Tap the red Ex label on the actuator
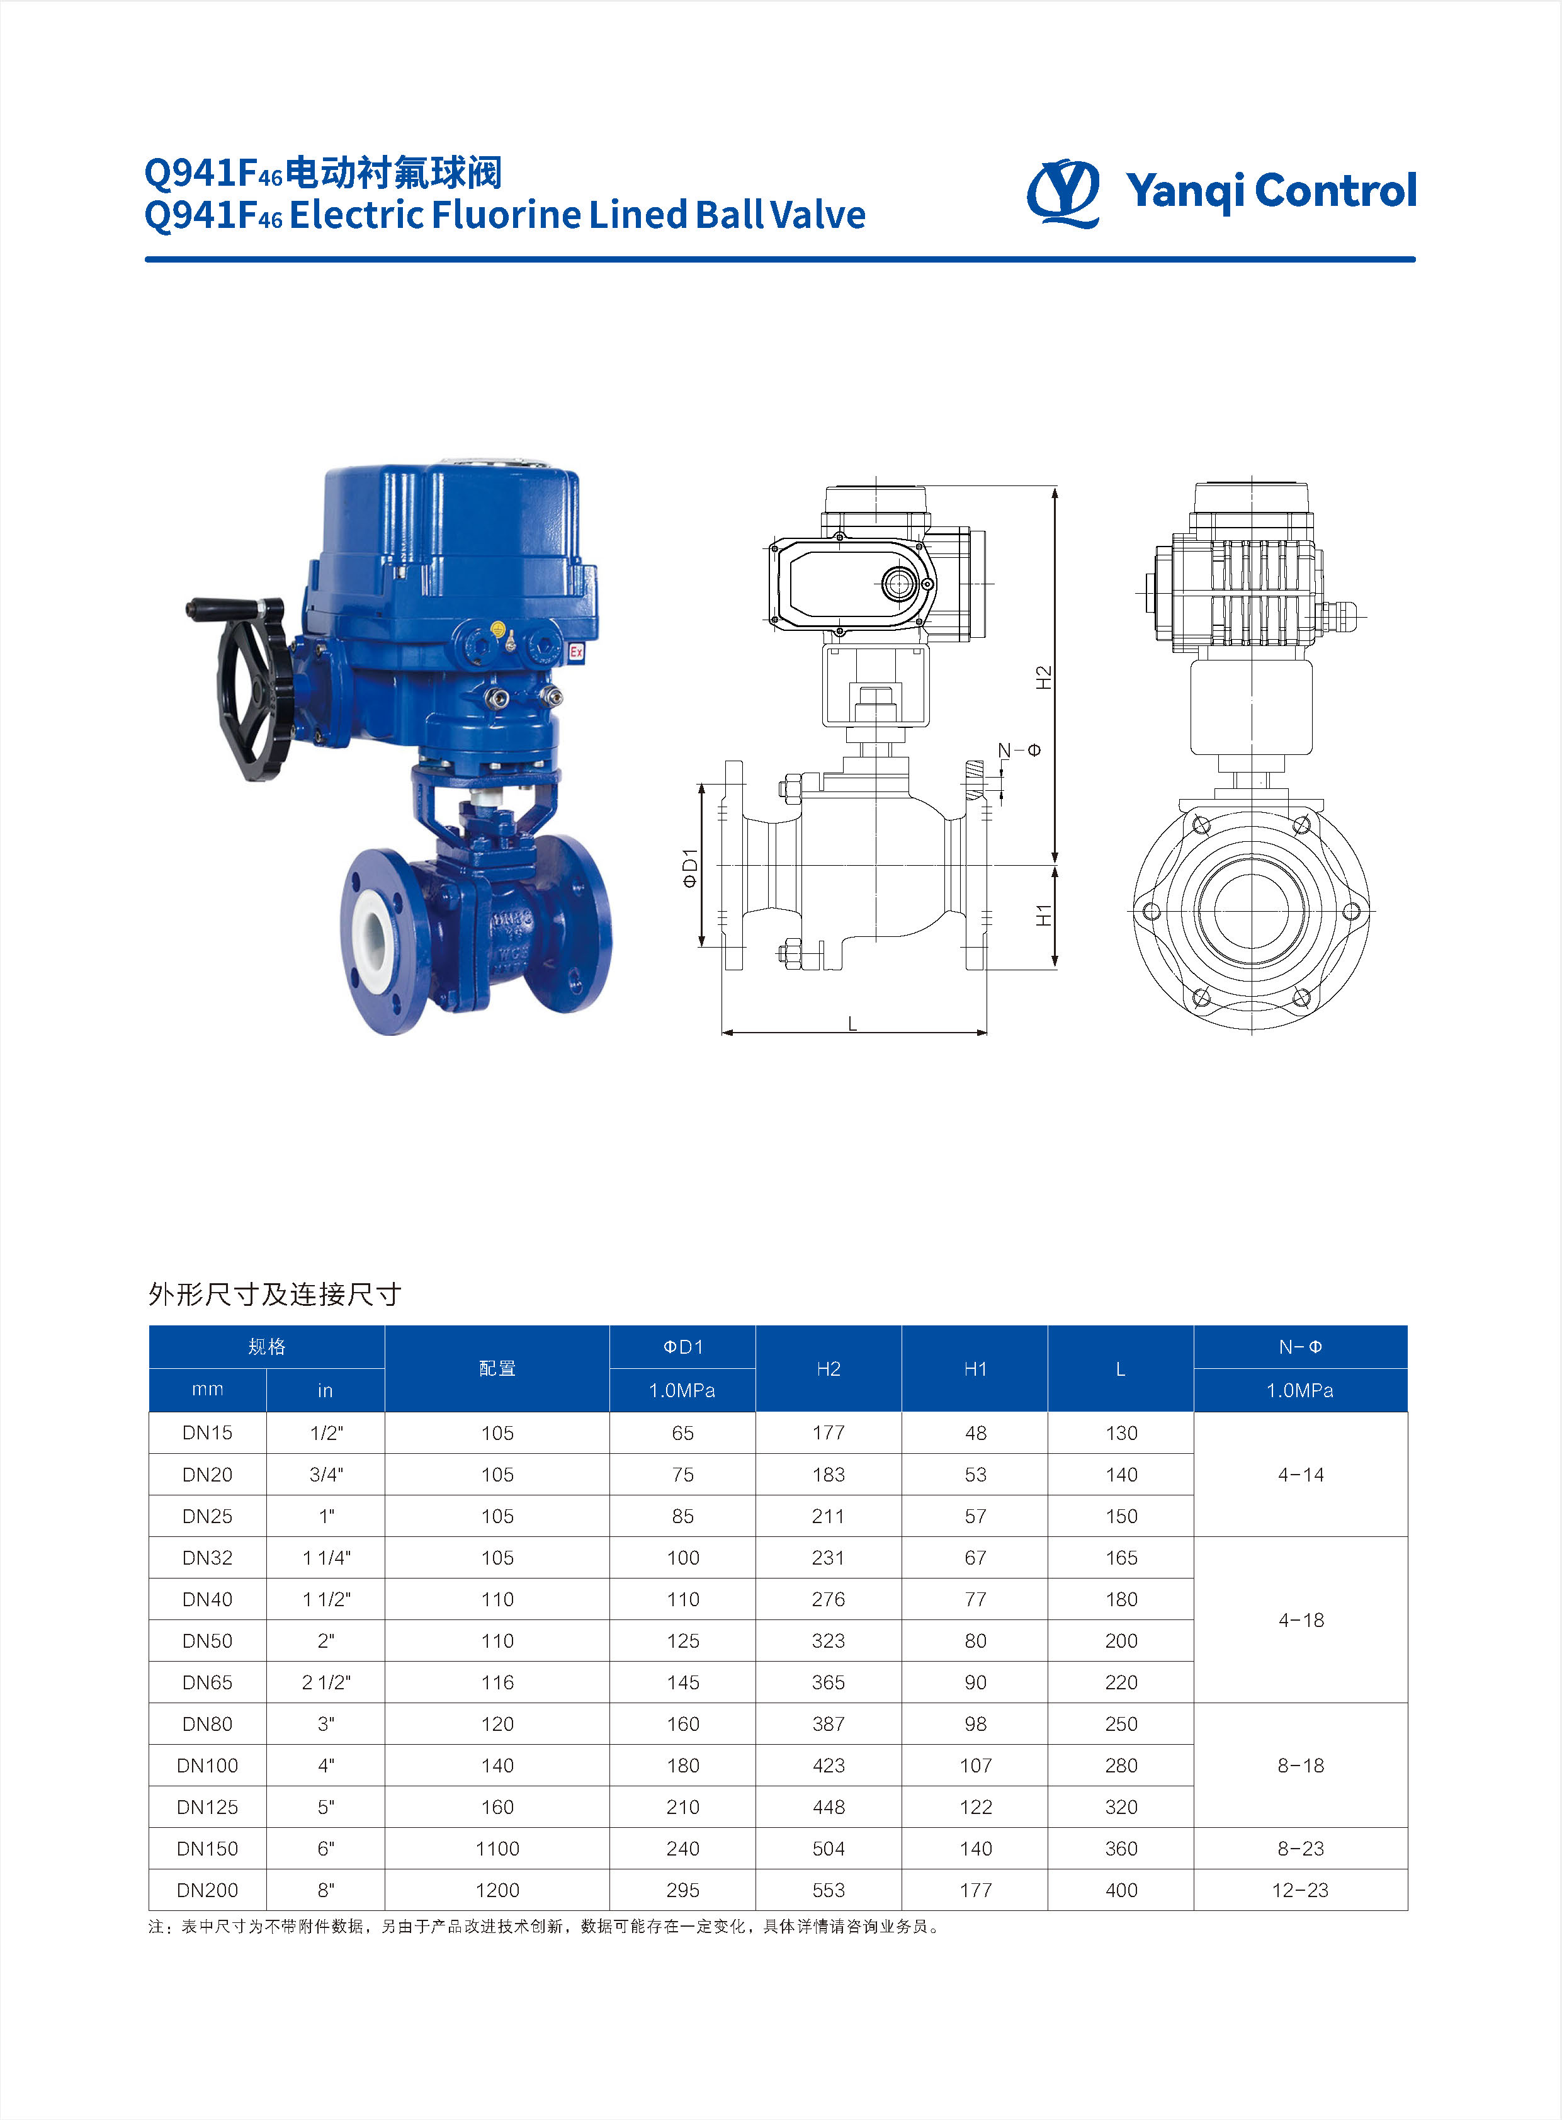(576, 652)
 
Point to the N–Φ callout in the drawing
(1019, 751)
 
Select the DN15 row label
(207, 1432)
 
